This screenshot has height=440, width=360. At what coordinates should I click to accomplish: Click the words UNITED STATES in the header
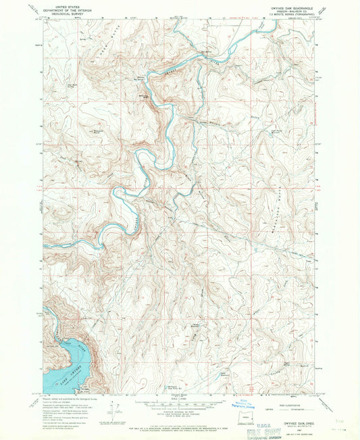(x=61, y=5)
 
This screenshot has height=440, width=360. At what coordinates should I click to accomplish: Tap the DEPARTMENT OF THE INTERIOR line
(x=61, y=9)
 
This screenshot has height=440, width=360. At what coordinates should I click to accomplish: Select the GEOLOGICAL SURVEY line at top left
(x=61, y=12)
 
